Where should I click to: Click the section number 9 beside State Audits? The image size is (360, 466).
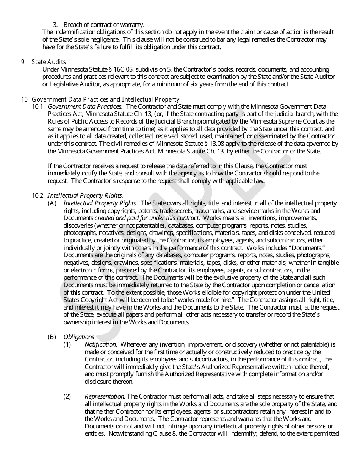[x=23, y=62]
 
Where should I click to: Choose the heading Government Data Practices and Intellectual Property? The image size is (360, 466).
[x=105, y=99]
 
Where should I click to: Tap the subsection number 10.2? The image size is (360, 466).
[x=38, y=195]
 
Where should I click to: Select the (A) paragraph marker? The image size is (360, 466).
[x=52, y=203]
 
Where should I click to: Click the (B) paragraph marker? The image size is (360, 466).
[x=52, y=337]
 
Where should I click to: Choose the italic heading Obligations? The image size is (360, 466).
[x=79, y=337]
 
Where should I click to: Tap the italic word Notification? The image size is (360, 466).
[x=100, y=344]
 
